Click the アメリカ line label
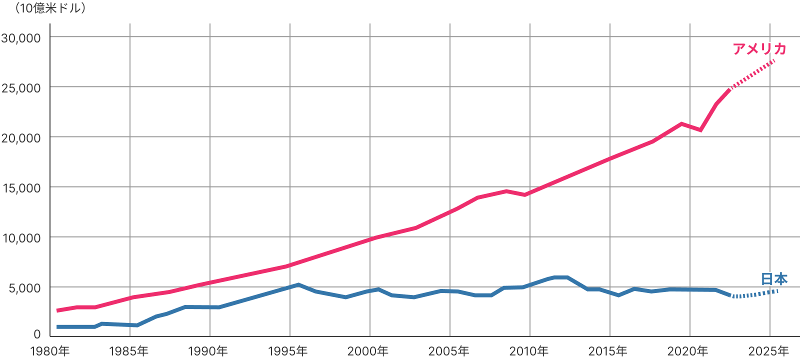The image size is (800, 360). tap(759, 48)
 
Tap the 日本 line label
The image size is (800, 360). tap(774, 278)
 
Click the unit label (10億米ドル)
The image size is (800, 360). tap(49, 8)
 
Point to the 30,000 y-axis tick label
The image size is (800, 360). tap(21, 38)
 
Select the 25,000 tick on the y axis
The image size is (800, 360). tap(21, 88)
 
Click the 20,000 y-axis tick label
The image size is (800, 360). tap(21, 138)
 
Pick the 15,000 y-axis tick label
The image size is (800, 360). tap(21, 188)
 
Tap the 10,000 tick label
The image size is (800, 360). tap(21, 238)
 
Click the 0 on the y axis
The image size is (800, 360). tap(37, 334)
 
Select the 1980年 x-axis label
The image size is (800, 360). tap(50, 351)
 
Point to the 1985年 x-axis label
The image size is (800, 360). tap(129, 351)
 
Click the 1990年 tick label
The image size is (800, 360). tap(208, 351)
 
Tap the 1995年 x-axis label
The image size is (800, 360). tap(288, 351)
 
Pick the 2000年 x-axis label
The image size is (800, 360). tap(368, 351)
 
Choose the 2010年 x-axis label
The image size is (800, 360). tap(529, 351)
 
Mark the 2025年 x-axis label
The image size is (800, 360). tap(768, 351)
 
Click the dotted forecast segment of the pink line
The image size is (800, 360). tap(752, 73)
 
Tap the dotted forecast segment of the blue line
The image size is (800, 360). tap(755, 294)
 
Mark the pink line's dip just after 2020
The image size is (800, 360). tap(700, 130)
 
